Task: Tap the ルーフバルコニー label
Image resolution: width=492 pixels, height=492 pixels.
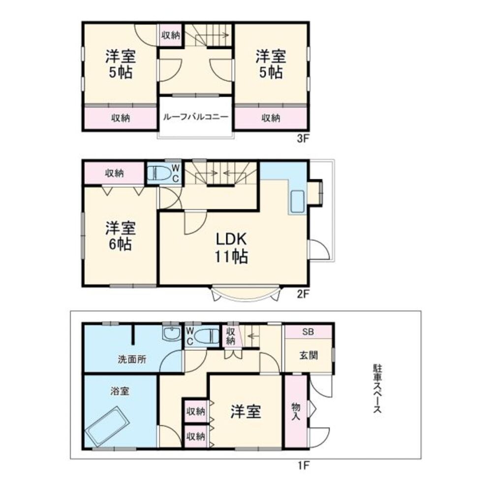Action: pos(195,118)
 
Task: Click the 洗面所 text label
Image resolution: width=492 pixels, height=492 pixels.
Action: pos(131,359)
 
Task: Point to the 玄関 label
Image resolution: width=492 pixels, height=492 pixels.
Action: pos(308,356)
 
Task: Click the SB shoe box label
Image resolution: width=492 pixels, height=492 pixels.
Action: pos(308,331)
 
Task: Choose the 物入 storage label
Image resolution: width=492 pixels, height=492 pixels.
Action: pos(296,411)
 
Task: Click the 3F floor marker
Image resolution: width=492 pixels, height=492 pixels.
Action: pos(302,139)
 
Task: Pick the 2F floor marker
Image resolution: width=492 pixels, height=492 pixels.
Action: pos(302,295)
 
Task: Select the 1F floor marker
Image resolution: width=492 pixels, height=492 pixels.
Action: pos(302,464)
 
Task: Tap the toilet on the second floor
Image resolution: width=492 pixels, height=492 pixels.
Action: pos(160,173)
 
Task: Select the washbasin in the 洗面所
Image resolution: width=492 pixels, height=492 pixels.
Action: pos(171,334)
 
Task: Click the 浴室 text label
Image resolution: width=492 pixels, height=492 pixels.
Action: pos(120,392)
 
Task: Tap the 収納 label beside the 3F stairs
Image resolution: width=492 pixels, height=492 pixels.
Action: pos(171,35)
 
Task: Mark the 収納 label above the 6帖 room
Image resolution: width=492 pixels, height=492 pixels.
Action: pos(114,173)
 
